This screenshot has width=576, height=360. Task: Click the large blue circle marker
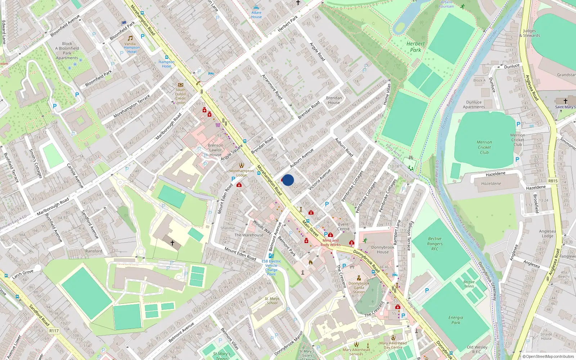[288, 180]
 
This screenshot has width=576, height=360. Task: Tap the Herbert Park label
[415, 47]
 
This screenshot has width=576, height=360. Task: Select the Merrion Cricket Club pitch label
[484, 147]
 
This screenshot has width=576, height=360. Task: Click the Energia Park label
[456, 320]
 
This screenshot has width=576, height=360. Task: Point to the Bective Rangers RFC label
[435, 244]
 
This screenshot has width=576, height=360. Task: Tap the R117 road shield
[54, 330]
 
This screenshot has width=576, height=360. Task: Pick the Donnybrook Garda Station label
[359, 288]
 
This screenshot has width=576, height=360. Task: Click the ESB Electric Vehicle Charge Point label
[271, 267]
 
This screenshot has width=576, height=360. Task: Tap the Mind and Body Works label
[330, 243]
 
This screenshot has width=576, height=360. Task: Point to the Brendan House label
[334, 100]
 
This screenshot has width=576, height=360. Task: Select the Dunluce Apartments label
[474, 104]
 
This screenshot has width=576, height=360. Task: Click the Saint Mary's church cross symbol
[565, 101]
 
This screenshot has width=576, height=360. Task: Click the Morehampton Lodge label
[242, 173]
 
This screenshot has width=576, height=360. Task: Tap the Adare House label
[256, 14]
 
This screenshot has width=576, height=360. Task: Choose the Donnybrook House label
[383, 249]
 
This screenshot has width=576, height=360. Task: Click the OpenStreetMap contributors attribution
[548, 356]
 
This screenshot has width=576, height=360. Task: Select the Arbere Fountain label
[446, 4]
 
